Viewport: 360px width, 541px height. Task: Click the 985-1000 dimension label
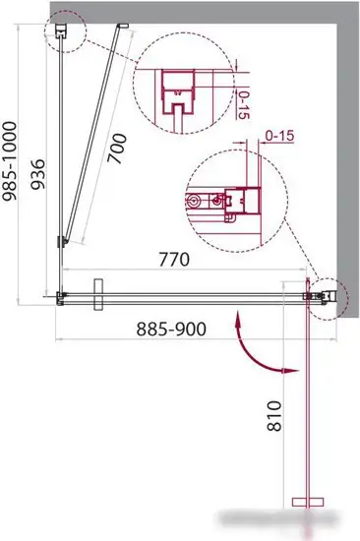click(x=9, y=161)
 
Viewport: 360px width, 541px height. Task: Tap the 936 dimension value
click(x=37, y=174)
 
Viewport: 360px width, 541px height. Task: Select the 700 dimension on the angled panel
click(x=117, y=148)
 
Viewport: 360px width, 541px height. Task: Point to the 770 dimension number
click(x=174, y=260)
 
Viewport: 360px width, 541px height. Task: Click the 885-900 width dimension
click(x=171, y=329)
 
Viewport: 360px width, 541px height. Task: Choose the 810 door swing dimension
click(x=274, y=415)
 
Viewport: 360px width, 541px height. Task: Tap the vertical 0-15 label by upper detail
click(x=244, y=105)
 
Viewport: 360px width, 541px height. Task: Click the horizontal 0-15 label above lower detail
click(x=279, y=136)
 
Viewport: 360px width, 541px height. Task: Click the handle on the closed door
click(x=98, y=294)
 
